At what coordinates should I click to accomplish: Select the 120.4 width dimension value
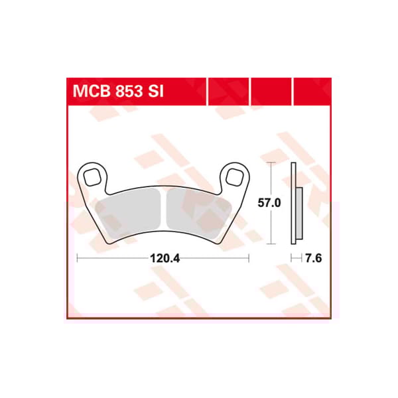[163, 259]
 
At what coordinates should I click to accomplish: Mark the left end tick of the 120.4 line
[77, 259]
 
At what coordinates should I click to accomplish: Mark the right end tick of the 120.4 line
[248, 259]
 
